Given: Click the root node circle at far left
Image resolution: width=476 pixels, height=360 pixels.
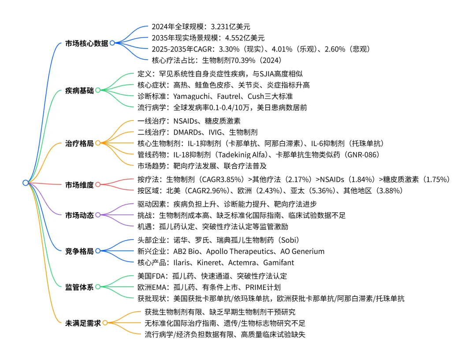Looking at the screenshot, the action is pyautogui.click(x=26, y=183).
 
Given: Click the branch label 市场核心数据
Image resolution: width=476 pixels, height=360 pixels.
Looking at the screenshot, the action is pyautogui.click(x=86, y=43).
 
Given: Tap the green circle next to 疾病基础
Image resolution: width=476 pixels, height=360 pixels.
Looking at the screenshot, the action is pyautogui.click(x=98, y=90).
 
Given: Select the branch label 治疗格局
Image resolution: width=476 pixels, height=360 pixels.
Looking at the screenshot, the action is pyautogui.click(x=79, y=143).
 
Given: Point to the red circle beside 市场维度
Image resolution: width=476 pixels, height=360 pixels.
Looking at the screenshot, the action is pyautogui.click(x=98, y=185).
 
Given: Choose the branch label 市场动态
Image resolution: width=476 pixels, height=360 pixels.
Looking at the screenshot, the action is pyautogui.click(x=79, y=215).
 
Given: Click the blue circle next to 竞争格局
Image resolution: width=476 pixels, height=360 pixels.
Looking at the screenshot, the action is pyautogui.click(x=98, y=251).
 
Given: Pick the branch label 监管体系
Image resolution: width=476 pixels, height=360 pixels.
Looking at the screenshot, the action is pyautogui.click(x=79, y=287).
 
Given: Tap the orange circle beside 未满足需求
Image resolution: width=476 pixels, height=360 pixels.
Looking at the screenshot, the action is pyautogui.click(x=105, y=322).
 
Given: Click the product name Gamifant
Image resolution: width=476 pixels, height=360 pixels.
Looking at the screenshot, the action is pyautogui.click(x=279, y=262).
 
